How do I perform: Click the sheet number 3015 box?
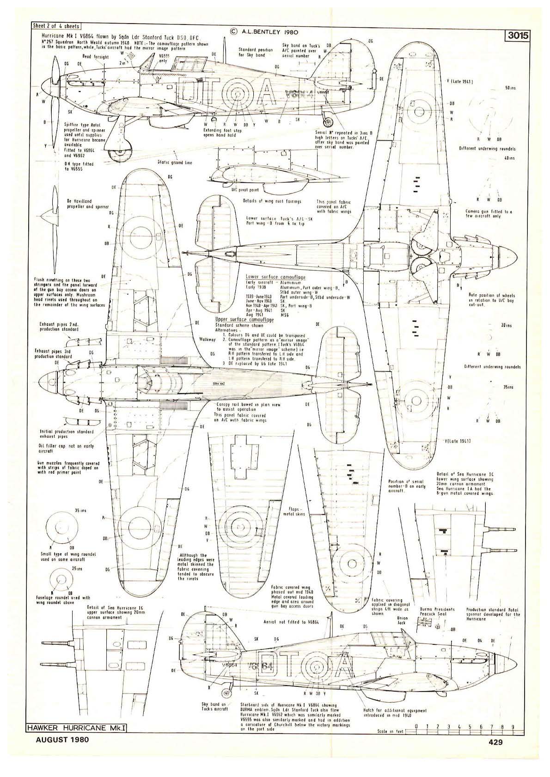point(517,35)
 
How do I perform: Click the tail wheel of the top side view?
point(328,122)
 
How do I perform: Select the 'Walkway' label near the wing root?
point(208,339)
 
